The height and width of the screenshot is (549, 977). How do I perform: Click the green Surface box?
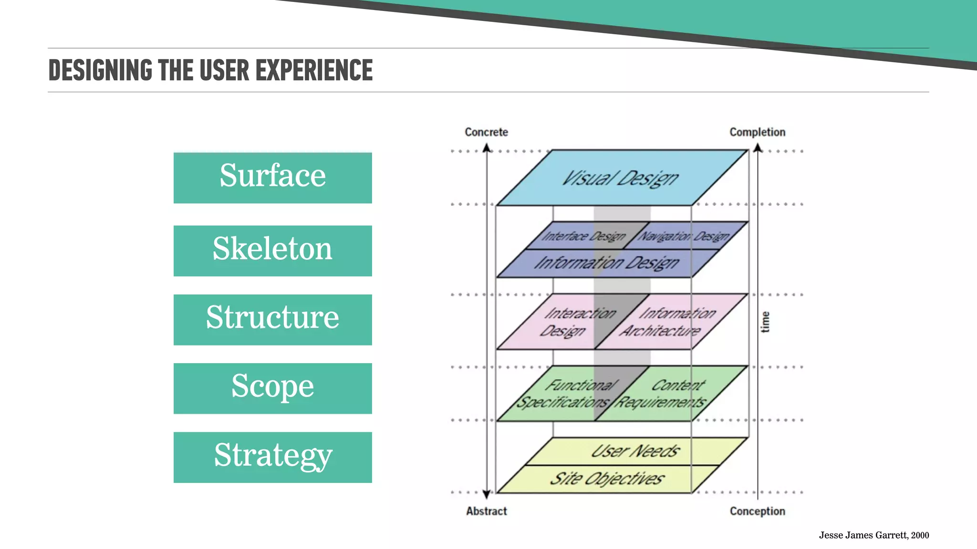272,178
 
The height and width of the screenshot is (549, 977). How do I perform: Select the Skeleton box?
272,251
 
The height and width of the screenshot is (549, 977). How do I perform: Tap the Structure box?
272,319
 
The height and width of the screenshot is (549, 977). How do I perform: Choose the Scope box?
272,388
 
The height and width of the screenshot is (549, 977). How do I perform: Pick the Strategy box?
272,457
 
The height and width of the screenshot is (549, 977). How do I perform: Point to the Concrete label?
486,132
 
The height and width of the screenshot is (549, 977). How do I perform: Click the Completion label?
757,132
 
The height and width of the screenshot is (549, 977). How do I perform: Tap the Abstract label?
486,511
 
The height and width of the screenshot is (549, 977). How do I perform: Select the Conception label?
757,511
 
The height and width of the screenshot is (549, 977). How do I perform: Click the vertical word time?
765,322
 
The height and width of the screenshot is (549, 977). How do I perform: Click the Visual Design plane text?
620,178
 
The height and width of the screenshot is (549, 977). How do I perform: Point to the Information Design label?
606,263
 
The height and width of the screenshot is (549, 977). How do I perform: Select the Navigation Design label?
684,236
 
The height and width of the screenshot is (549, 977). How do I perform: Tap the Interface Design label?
583,236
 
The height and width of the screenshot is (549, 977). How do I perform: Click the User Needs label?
635,451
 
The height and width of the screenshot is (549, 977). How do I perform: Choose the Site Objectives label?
607,478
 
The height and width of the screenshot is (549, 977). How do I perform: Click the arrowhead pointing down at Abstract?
487,494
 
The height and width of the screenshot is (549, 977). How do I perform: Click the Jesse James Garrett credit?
873,535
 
